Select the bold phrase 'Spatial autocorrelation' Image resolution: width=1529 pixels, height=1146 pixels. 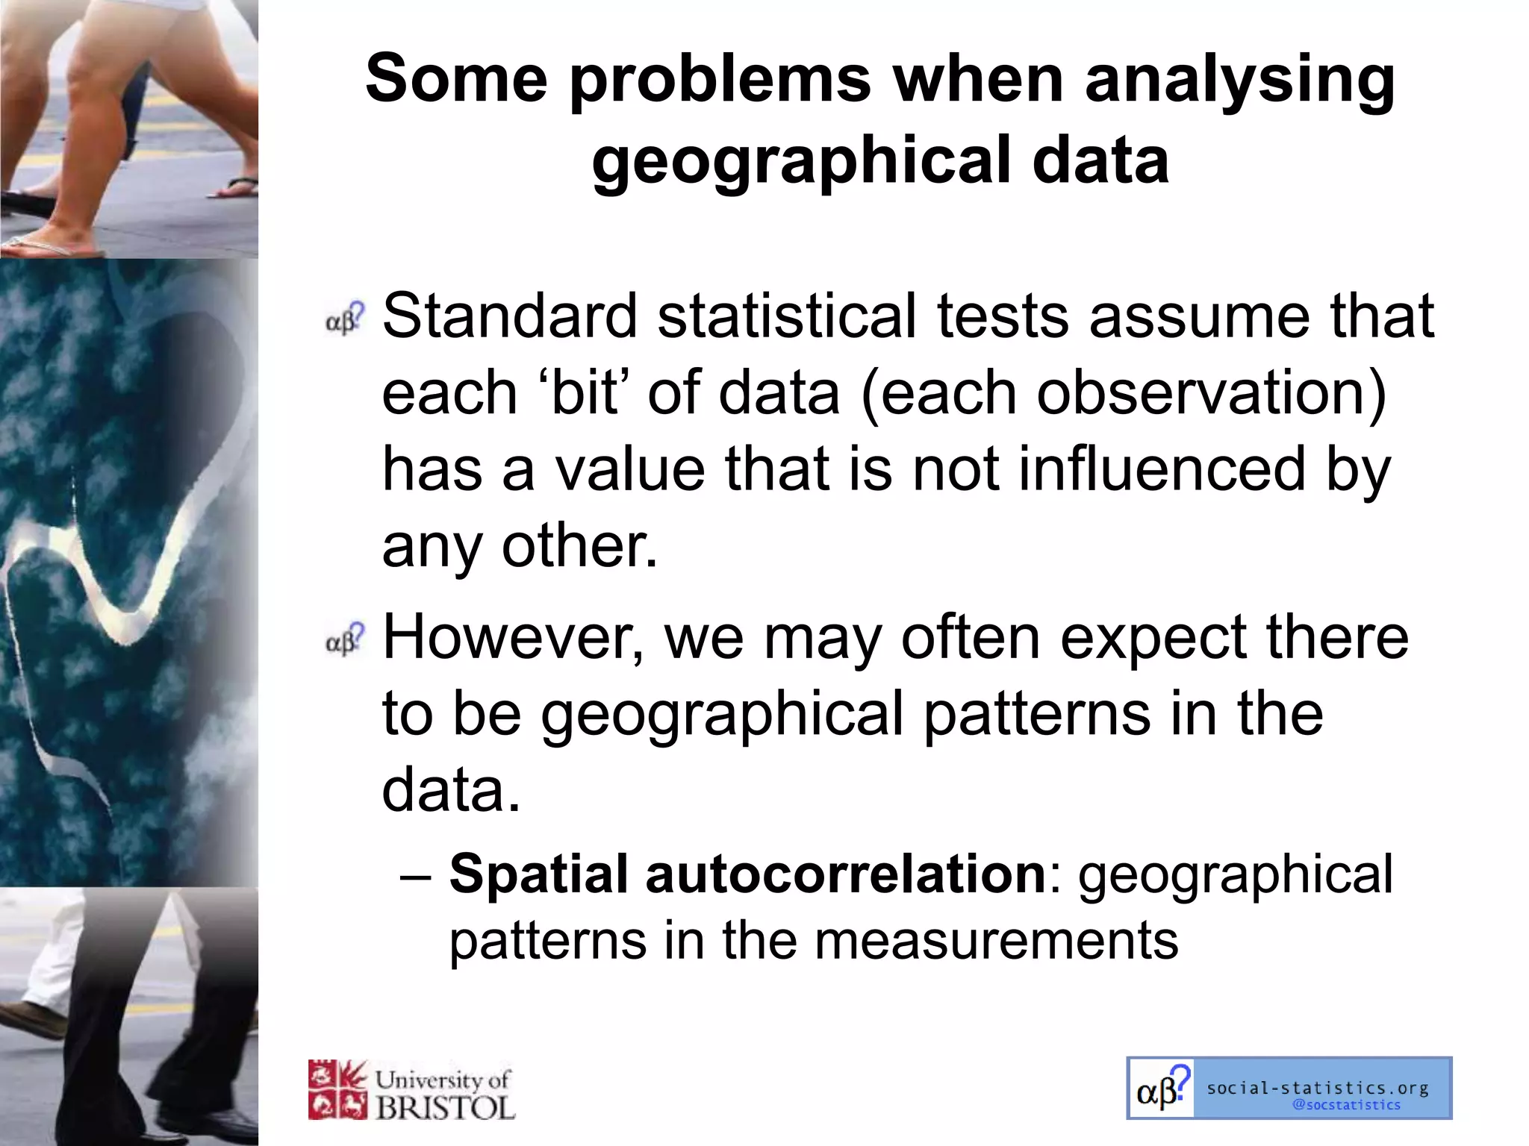[747, 874]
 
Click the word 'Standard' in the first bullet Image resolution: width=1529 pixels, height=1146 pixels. [510, 316]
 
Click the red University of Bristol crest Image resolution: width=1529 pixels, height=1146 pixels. [337, 1090]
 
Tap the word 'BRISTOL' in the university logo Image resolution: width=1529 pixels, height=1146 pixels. [446, 1107]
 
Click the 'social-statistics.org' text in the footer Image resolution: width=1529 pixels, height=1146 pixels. [1318, 1088]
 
